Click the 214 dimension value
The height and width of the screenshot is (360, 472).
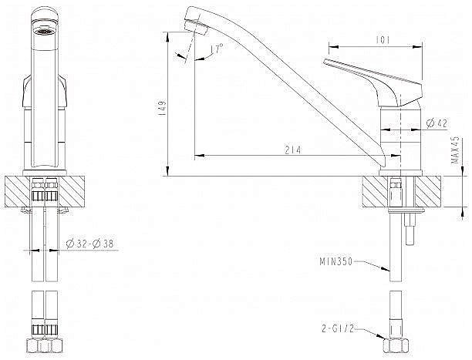292,150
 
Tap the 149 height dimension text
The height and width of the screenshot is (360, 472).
162,109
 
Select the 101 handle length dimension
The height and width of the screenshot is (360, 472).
383,40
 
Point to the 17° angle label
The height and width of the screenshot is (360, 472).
218,48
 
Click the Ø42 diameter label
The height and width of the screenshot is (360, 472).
437,123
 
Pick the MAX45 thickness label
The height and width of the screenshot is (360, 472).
456,150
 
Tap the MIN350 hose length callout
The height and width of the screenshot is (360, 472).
335,261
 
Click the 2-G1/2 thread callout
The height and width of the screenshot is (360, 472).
338,328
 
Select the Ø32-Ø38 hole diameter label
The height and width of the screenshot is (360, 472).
89,243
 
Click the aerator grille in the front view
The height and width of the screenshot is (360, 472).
44,31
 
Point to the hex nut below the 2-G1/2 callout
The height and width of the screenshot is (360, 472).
396,345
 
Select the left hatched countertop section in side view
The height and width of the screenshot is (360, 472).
375,192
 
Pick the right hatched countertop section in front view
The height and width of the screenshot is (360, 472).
72,192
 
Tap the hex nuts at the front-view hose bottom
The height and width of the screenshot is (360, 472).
44,345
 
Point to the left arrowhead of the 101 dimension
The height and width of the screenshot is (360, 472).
332,47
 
